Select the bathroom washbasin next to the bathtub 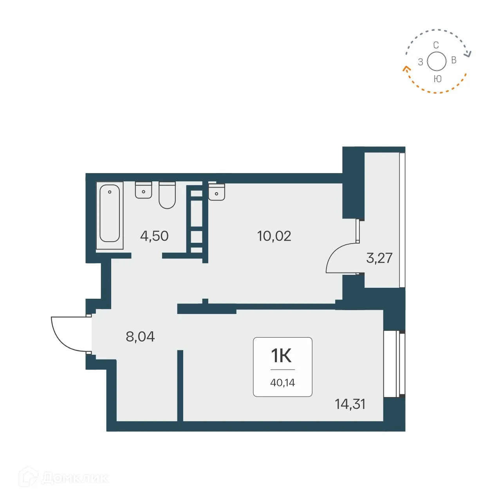[144, 190]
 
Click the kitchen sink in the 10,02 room [217, 192]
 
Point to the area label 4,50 [154, 236]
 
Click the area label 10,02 [274, 236]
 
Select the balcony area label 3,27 [379, 258]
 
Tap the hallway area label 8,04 [140, 336]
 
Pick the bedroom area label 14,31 [350, 404]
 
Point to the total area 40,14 [282, 383]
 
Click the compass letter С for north [436, 45]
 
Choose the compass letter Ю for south [437, 79]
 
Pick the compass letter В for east [454, 60]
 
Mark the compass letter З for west [421, 62]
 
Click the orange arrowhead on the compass [406, 70]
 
